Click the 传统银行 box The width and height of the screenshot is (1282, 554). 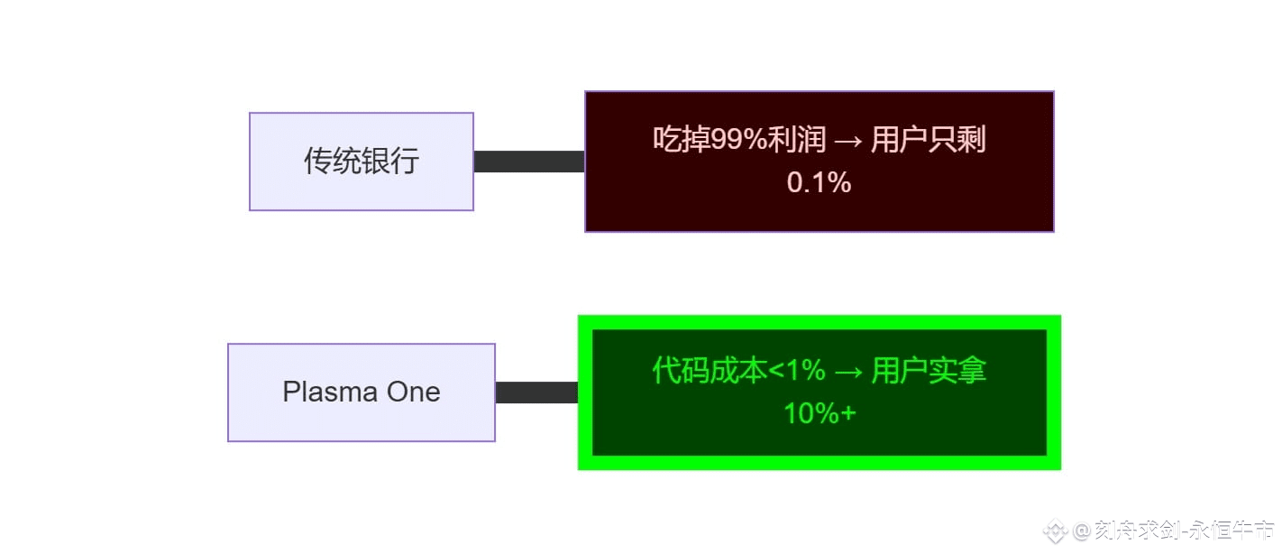coord(361,162)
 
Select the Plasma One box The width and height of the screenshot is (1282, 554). coord(361,392)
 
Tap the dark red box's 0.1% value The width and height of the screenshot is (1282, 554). coord(819,183)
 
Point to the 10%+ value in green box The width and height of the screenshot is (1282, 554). coord(819,414)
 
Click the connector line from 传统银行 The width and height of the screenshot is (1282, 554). coord(529,162)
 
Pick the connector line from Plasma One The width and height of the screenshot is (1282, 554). coord(536,392)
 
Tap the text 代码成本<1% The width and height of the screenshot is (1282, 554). coord(738,371)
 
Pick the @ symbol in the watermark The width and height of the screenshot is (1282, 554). coord(1080,530)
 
